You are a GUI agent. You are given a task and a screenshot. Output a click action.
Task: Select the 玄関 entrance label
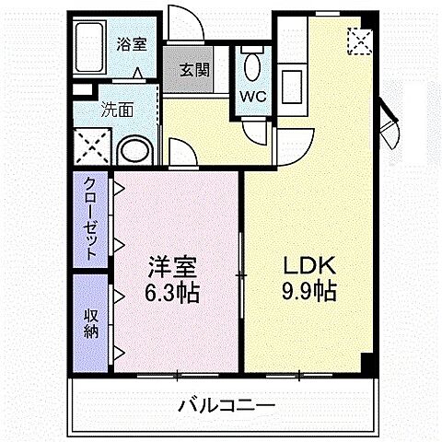click(192, 69)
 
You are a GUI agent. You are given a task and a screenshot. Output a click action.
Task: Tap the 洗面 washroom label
click(118, 109)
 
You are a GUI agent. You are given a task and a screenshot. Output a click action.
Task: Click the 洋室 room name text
click(175, 269)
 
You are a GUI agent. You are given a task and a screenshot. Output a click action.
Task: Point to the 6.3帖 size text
click(175, 295)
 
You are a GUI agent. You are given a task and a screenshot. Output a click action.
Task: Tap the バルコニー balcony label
click(226, 405)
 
